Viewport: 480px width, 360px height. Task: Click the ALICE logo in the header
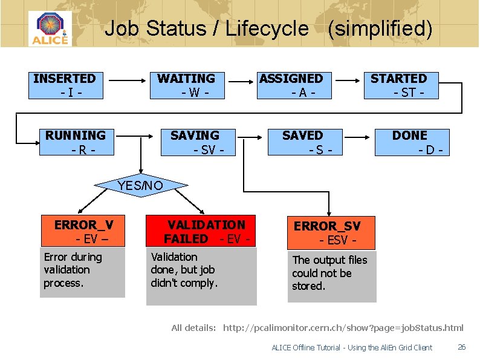coord(50,28)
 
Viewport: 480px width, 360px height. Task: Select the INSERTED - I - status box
coord(65,85)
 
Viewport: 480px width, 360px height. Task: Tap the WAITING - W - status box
coord(187,85)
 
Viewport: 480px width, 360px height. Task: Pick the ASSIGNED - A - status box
coord(292,85)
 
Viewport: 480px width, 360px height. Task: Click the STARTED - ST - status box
coord(400,85)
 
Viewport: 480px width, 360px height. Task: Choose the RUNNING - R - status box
coord(76,142)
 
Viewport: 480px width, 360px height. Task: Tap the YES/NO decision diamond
coord(141,186)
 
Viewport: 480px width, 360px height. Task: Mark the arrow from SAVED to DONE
coord(361,136)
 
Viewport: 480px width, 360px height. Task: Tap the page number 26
coord(461,347)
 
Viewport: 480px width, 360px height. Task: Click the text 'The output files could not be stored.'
coord(329,273)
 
